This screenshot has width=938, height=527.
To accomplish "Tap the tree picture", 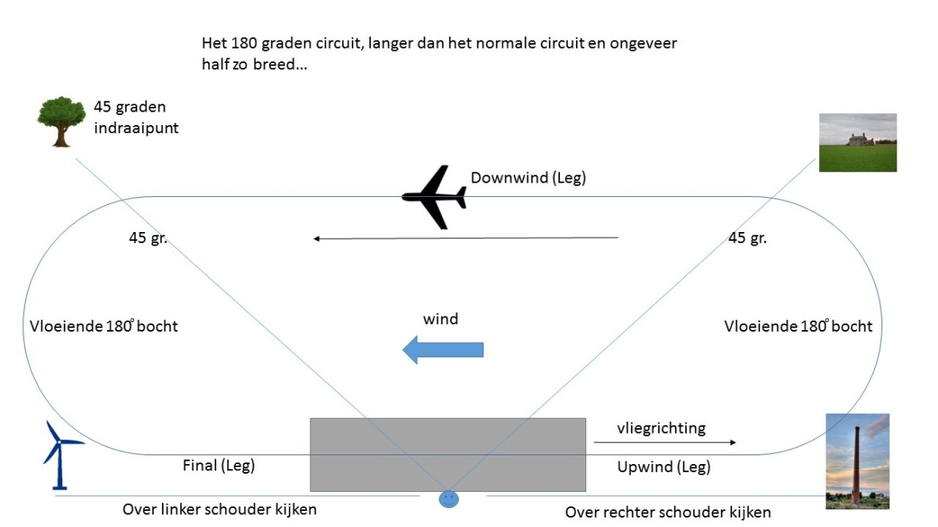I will (x=61, y=122).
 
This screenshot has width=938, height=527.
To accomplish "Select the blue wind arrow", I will (x=443, y=349).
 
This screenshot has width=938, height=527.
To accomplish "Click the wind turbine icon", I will (x=59, y=455).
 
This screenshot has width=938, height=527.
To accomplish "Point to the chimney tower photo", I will (x=857, y=461).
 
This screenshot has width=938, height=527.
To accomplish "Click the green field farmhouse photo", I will (x=857, y=143).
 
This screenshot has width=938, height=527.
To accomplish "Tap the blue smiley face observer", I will (x=449, y=498).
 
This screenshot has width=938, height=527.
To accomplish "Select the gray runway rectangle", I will (x=447, y=454).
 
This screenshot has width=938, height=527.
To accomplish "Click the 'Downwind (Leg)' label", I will (x=528, y=178).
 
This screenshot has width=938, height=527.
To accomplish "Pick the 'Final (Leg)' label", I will (x=219, y=466).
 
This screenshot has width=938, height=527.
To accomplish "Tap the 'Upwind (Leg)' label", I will (x=664, y=467).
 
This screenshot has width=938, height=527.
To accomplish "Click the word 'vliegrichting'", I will (x=661, y=428).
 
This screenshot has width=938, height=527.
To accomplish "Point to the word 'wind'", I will (x=440, y=319).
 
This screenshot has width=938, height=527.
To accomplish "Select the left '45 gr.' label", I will (x=148, y=238).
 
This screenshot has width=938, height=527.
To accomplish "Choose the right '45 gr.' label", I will (x=747, y=238).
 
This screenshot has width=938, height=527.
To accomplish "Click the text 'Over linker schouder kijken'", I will (x=219, y=509).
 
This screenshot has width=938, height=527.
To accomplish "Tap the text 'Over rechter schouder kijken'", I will (x=668, y=512).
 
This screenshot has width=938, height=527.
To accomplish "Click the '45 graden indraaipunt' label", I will (x=136, y=117).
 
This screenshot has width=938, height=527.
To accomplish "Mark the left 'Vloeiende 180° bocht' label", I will (x=103, y=326).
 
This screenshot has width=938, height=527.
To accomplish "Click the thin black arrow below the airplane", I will (x=466, y=238).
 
